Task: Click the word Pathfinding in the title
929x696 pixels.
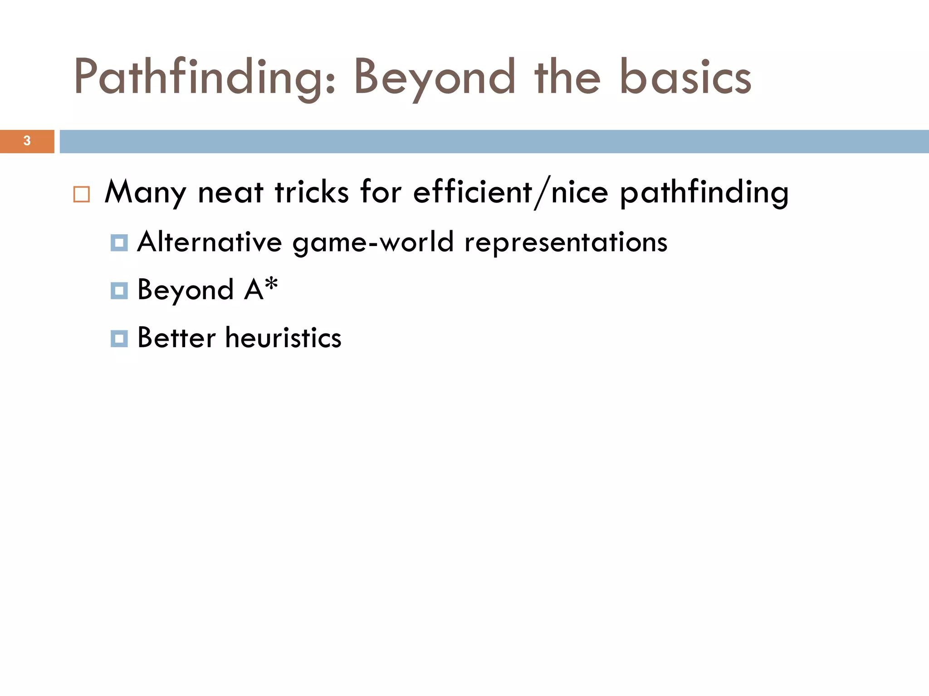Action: point(204,78)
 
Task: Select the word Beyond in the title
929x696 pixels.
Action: point(435,78)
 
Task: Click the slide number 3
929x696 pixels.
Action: point(27,141)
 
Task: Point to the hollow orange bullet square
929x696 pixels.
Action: point(82,194)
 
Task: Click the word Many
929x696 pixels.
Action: point(145,193)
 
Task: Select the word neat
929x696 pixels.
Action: point(230,193)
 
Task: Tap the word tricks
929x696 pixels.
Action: point(312,193)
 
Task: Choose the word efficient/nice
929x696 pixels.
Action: point(510,193)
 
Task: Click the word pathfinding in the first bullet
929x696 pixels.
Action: point(704,193)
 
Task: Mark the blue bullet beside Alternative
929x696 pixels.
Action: point(119,242)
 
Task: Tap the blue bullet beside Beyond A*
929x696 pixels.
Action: point(119,290)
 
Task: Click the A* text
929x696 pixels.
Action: point(261,289)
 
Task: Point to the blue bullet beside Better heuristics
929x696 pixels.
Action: point(119,338)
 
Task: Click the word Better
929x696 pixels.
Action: point(176,338)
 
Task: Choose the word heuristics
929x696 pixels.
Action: point(283,338)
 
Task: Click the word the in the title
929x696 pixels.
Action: point(567,78)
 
